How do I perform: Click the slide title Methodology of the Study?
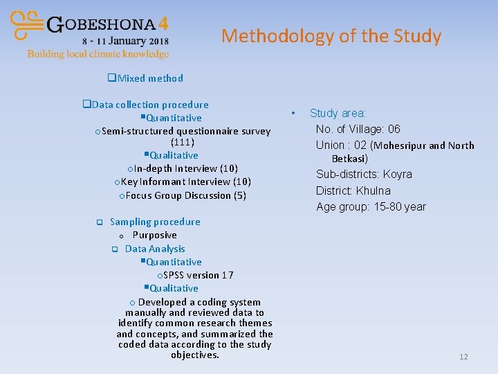(331, 36)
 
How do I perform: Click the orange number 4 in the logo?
(163, 24)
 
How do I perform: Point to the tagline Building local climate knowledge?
(98, 54)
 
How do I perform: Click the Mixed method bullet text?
(150, 78)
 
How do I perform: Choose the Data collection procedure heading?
(149, 105)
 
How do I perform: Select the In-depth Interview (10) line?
(185, 168)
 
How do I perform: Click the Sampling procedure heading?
(155, 222)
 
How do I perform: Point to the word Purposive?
(155, 235)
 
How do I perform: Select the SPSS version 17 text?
(198, 275)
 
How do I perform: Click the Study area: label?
(338, 113)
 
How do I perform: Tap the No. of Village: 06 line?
(358, 129)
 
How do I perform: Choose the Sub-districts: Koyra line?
(364, 174)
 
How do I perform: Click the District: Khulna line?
(353, 190)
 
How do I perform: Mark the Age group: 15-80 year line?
(371, 206)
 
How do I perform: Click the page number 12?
(463, 357)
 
